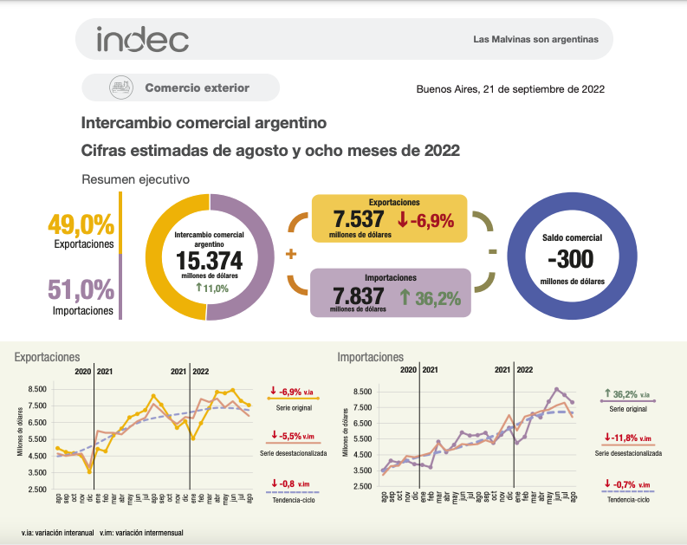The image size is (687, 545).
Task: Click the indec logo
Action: [143, 40]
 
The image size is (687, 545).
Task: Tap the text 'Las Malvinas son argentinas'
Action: [535, 40]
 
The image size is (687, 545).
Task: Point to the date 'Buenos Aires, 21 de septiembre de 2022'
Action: [510, 88]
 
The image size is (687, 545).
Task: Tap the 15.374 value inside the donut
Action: [209, 262]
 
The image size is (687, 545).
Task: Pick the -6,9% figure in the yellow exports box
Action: [425, 220]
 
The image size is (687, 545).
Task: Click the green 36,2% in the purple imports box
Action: [430, 297]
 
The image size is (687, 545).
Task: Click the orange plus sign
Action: [290, 254]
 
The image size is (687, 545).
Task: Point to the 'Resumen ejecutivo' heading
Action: [135, 179]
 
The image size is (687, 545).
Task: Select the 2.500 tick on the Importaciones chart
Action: [362, 489]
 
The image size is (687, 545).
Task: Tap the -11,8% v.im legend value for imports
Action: [628, 436]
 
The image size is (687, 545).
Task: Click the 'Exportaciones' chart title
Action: [48, 356]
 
